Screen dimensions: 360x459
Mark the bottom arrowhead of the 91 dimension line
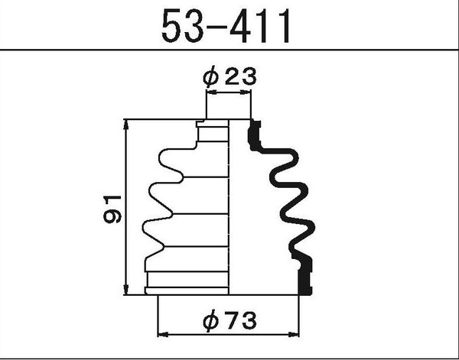coord(126,290)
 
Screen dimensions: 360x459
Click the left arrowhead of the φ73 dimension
coord(161,333)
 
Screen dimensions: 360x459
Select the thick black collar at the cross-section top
coord(255,135)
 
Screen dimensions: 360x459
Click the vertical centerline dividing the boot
coord(230,206)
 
